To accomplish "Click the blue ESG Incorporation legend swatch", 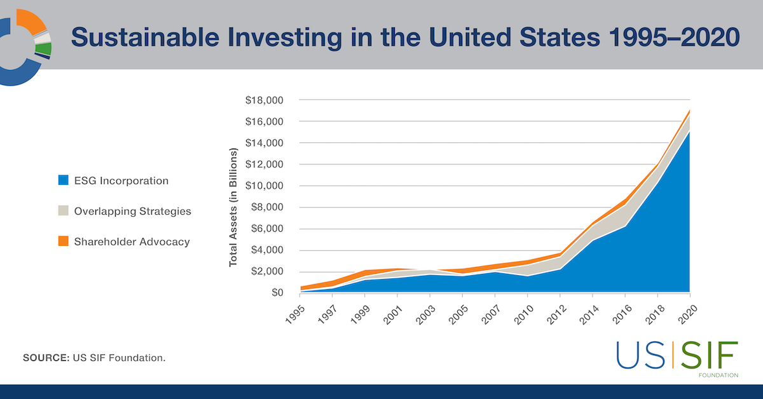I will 62,180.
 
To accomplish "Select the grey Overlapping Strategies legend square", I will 62,211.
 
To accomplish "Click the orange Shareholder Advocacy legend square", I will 62,241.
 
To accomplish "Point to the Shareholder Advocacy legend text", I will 132,241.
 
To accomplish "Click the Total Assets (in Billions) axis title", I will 233,207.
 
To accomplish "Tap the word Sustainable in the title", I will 149,37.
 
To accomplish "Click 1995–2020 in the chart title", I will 670,37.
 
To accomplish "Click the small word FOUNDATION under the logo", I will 718,375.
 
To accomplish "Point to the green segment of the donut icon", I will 44,49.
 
